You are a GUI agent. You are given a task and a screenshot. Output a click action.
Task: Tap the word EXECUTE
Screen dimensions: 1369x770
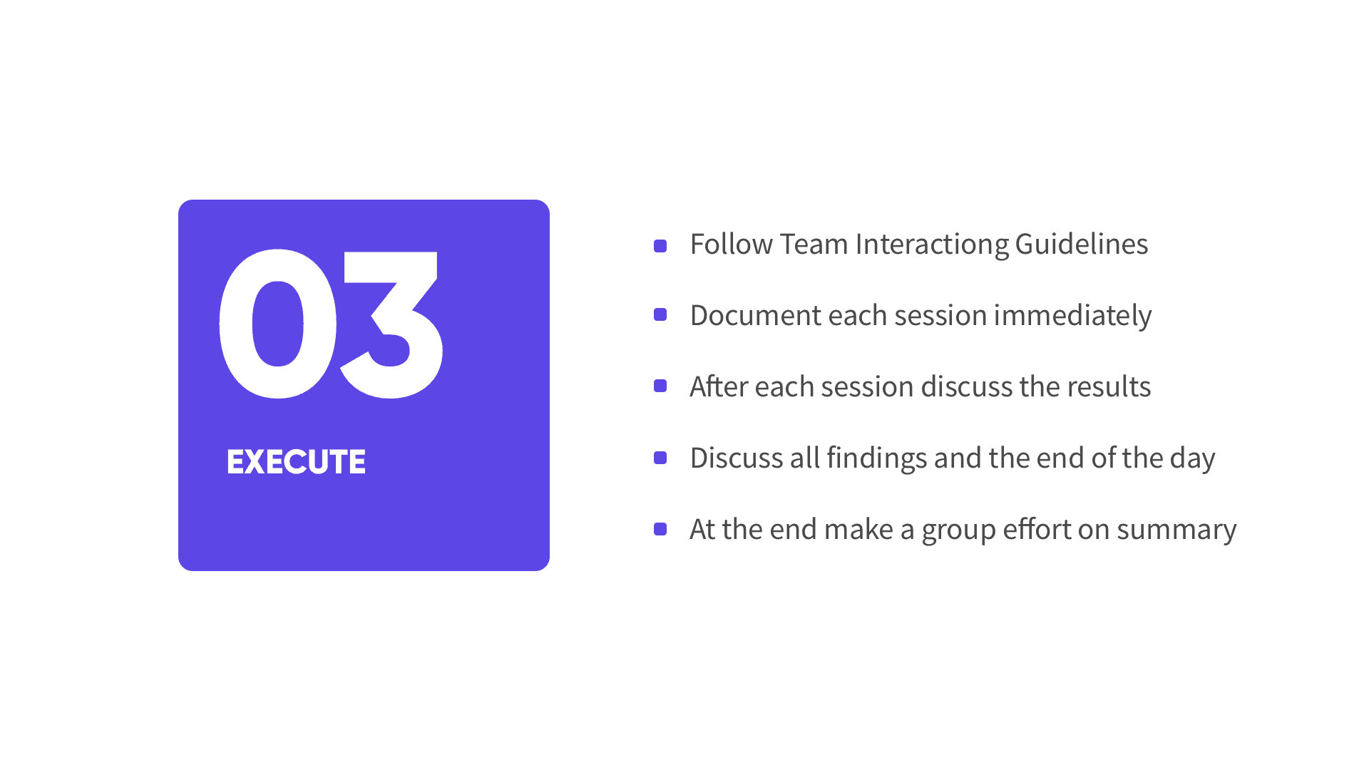pyautogui.click(x=296, y=462)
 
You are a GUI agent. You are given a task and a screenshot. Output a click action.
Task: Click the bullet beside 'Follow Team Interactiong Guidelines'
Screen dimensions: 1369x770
pyautogui.click(x=660, y=246)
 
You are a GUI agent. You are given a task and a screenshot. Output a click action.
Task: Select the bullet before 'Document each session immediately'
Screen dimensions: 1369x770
pyautogui.click(x=660, y=314)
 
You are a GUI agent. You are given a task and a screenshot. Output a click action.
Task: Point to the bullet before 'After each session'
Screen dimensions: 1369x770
pyautogui.click(x=660, y=386)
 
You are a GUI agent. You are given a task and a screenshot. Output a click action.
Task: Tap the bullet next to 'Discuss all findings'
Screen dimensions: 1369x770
pyautogui.click(x=660, y=458)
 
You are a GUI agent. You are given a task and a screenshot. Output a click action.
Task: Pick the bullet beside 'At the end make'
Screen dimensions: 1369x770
pyautogui.click(x=660, y=529)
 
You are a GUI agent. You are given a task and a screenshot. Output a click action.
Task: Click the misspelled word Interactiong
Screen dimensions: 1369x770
pyautogui.click(x=932, y=245)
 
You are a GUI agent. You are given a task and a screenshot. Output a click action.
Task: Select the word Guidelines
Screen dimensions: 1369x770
pyautogui.click(x=1082, y=244)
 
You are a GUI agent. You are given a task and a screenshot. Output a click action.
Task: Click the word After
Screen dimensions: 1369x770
pyautogui.click(x=719, y=386)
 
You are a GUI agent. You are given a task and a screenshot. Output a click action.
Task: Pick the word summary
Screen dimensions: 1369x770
pyautogui.click(x=1176, y=532)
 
